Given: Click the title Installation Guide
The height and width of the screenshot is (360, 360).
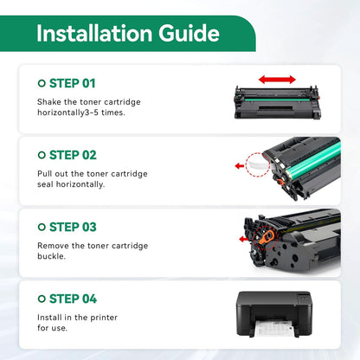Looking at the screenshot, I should [x=128, y=34].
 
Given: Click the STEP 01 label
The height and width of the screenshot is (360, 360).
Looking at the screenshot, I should [x=72, y=83].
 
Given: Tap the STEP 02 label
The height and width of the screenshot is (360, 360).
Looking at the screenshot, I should [x=72, y=155].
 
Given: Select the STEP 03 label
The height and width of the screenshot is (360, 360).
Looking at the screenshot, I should [x=72, y=227].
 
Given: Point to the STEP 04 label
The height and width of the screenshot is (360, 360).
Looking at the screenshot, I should [x=72, y=299].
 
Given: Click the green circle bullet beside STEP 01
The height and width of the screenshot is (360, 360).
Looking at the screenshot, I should [x=42, y=83].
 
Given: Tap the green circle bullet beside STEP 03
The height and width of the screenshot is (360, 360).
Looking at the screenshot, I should [x=42, y=227].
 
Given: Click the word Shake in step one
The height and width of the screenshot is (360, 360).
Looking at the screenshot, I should [x=50, y=102].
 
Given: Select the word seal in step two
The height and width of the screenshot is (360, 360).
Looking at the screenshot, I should [x=48, y=185].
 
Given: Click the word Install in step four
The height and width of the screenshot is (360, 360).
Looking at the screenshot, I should [x=52, y=318].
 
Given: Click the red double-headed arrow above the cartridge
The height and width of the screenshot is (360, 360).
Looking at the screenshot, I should [x=277, y=80].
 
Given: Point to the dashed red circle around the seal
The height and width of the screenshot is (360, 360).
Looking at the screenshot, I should [x=258, y=164].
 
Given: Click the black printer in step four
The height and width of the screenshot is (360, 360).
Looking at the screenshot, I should [x=277, y=310].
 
